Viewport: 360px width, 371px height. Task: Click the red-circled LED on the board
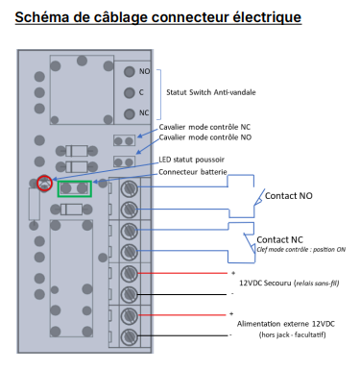coord(44,183)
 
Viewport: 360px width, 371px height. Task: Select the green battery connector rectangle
coord(75,188)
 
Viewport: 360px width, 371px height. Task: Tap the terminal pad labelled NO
coord(130,71)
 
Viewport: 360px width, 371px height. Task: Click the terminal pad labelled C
coord(130,93)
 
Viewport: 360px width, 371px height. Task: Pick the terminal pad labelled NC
coord(130,113)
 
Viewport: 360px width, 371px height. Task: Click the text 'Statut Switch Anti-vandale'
coord(211,92)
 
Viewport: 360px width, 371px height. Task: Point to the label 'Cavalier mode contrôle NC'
coord(204,127)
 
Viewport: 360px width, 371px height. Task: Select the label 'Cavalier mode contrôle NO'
coord(205,137)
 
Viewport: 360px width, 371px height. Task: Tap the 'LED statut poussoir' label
coord(191,160)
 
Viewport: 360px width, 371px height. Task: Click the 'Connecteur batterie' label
coord(193,172)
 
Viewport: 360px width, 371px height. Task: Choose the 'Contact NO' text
coord(289,196)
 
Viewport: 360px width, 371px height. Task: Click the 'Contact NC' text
coord(279,239)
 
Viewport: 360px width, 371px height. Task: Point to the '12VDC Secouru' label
coord(265,284)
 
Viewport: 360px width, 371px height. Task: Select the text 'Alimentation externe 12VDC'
coord(286,324)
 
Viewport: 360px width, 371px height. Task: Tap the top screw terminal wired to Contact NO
coord(130,188)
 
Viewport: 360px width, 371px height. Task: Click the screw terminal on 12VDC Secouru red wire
coord(130,274)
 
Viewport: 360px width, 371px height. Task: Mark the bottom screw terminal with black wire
coord(130,336)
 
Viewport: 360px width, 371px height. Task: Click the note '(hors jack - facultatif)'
coord(292,335)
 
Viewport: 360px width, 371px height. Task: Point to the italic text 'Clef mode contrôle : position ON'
coord(301,250)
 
